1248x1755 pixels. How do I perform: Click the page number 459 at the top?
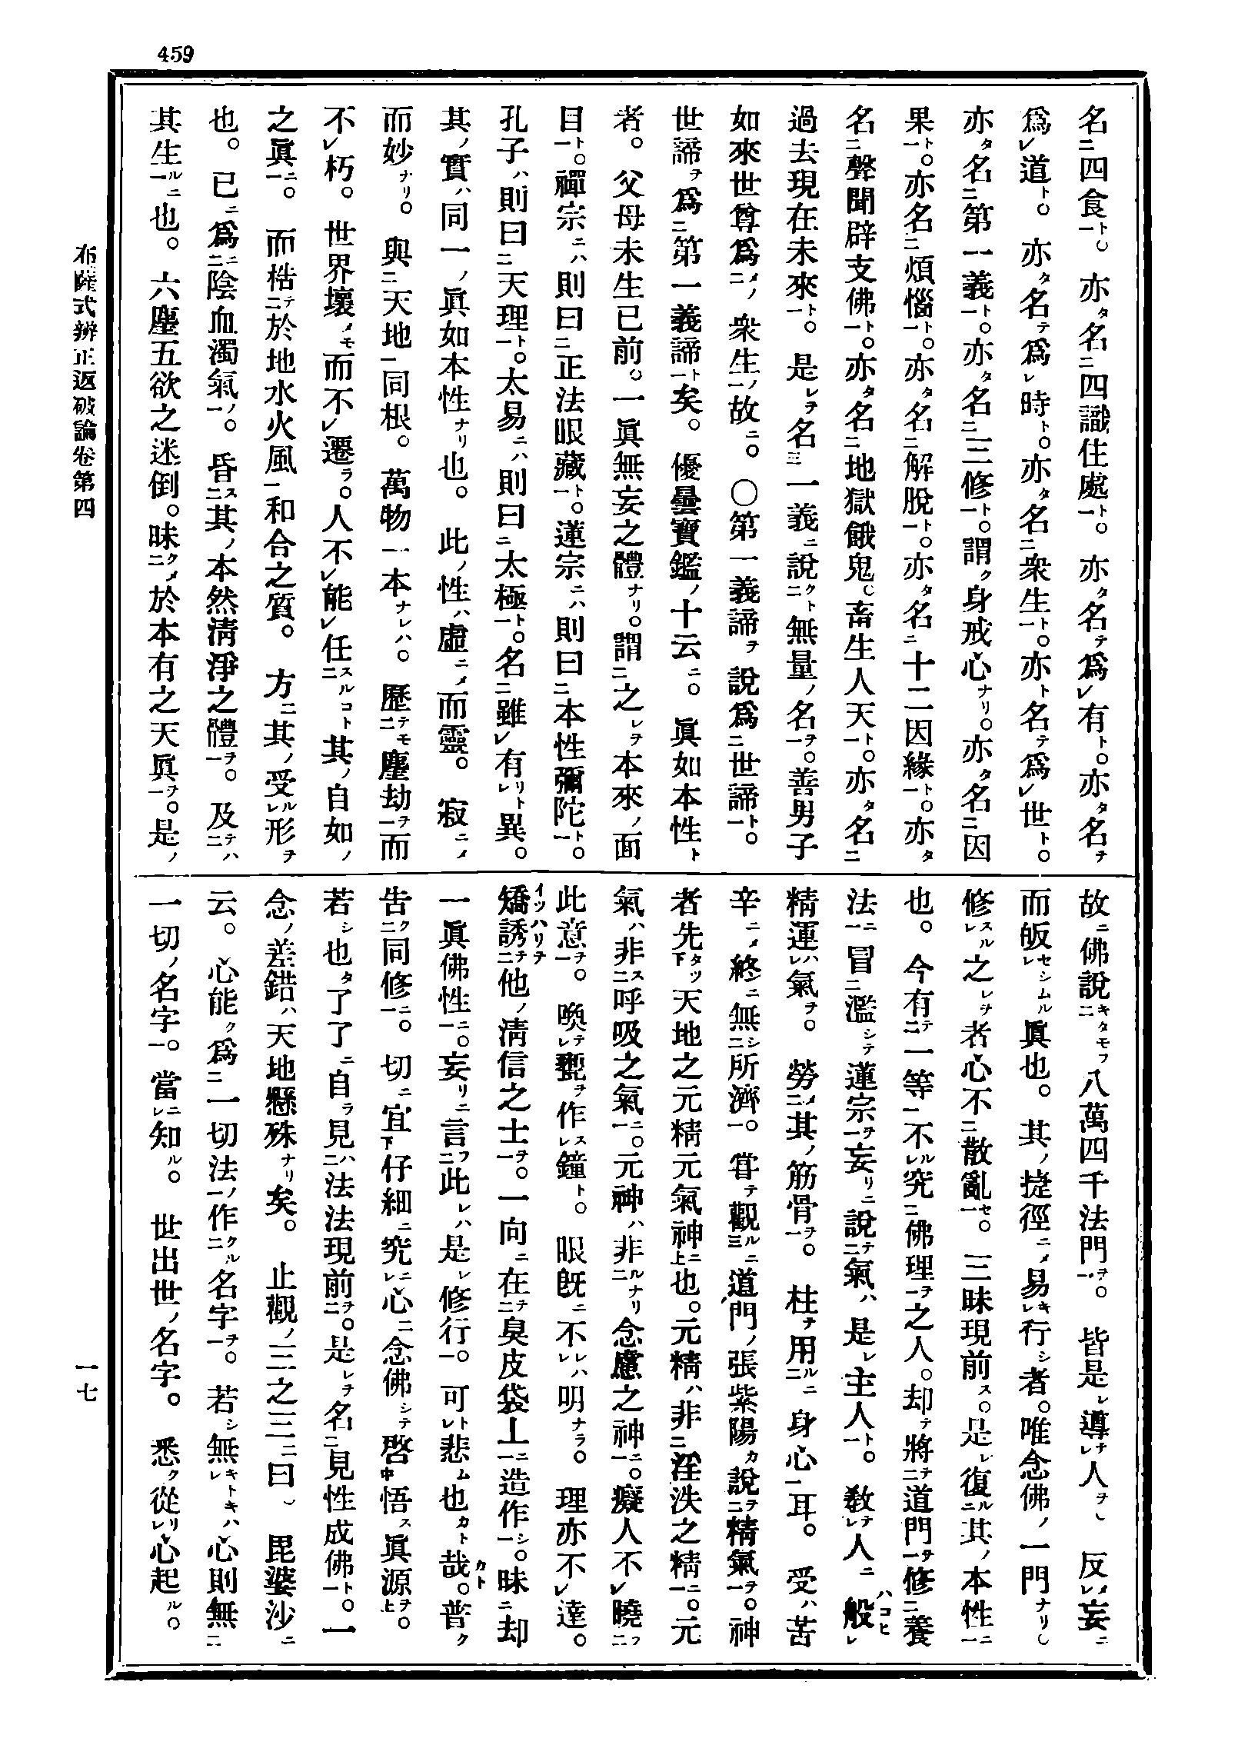coord(175,55)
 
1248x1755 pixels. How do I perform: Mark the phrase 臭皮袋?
coord(514,1370)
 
